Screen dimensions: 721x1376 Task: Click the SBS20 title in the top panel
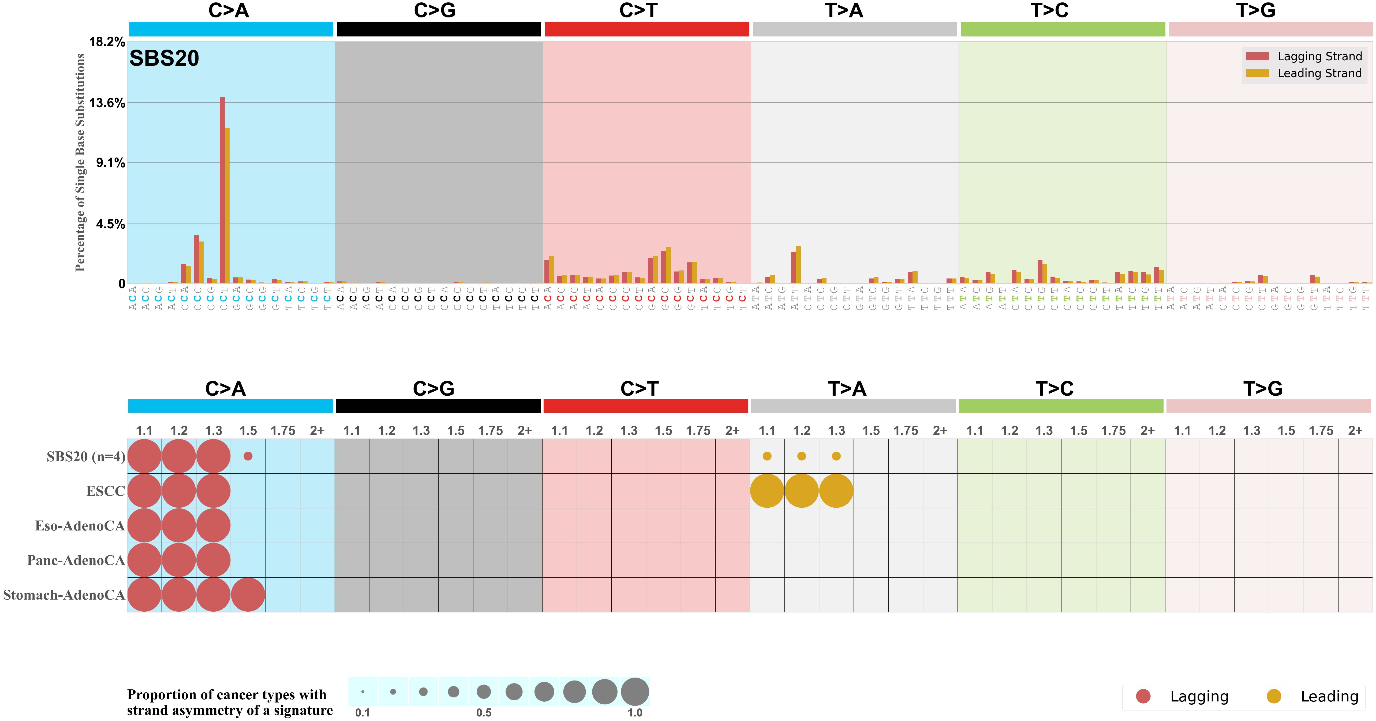click(x=164, y=58)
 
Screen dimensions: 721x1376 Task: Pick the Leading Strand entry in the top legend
click(x=1319, y=73)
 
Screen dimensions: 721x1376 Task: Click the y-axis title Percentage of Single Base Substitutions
click(x=80, y=162)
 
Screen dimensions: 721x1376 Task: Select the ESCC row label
click(x=105, y=491)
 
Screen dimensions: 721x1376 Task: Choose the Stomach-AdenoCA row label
click(x=63, y=595)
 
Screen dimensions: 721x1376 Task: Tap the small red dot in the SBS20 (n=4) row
click(x=248, y=456)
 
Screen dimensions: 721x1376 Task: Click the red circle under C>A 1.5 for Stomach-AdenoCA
click(x=248, y=594)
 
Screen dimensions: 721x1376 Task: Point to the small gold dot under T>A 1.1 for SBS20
click(x=767, y=456)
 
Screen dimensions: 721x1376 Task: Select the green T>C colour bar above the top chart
click(x=1063, y=29)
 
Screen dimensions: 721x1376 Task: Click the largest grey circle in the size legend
click(x=635, y=692)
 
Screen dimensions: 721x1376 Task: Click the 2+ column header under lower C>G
click(x=525, y=430)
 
